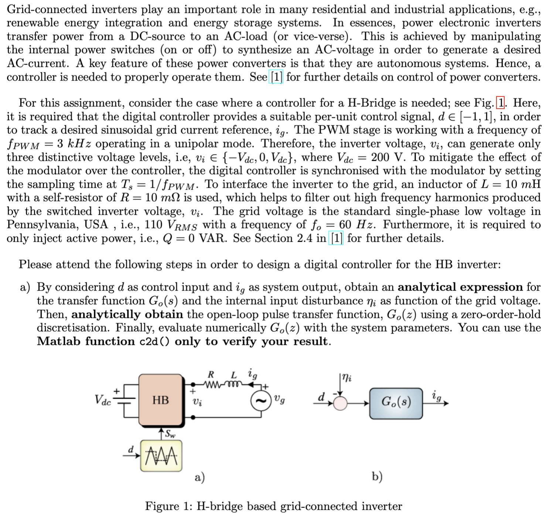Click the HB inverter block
click(x=161, y=400)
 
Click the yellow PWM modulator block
click(x=161, y=456)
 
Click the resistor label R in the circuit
click(x=211, y=374)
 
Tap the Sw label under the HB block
click(x=170, y=434)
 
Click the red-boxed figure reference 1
click(x=501, y=103)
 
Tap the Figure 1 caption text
click(x=273, y=506)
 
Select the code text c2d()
click(x=155, y=342)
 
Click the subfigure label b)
click(x=377, y=477)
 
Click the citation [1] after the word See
click(x=277, y=77)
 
